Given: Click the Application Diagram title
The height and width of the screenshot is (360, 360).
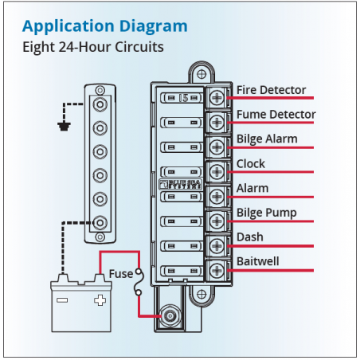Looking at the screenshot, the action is [x=105, y=27].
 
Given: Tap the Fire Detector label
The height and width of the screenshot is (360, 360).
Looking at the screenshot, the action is [x=271, y=90].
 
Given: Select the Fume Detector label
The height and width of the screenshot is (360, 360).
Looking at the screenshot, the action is [x=276, y=115].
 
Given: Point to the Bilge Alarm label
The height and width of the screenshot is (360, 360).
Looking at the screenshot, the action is [x=267, y=139].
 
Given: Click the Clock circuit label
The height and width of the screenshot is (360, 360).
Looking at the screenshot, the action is [x=251, y=163].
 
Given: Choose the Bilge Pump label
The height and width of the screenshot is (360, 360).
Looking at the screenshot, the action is [x=267, y=213].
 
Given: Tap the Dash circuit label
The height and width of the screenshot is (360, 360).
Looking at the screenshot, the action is [x=250, y=237].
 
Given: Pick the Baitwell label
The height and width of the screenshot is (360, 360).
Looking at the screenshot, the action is [x=258, y=261].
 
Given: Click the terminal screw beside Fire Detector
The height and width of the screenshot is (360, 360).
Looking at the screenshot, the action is [x=217, y=98].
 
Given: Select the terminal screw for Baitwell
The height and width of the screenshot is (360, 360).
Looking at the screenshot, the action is [x=217, y=270].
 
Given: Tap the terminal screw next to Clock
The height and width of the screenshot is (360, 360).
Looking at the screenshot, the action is [x=217, y=172].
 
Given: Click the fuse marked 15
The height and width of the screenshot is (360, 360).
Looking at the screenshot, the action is [x=182, y=98].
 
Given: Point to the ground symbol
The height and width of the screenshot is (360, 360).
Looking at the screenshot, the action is [x=64, y=127].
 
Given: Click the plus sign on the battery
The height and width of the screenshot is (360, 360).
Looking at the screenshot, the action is [x=100, y=300].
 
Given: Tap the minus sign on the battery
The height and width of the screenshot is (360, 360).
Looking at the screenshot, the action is [x=62, y=300].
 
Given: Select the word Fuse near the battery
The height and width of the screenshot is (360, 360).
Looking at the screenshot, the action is [x=121, y=274].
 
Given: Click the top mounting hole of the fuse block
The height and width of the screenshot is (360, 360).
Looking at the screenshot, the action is [x=202, y=74].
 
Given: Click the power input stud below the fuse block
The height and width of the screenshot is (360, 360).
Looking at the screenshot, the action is [x=169, y=316].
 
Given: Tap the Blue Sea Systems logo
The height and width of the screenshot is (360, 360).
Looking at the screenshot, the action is [x=181, y=184].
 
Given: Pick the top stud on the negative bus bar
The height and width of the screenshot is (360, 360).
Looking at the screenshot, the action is [x=100, y=104].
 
